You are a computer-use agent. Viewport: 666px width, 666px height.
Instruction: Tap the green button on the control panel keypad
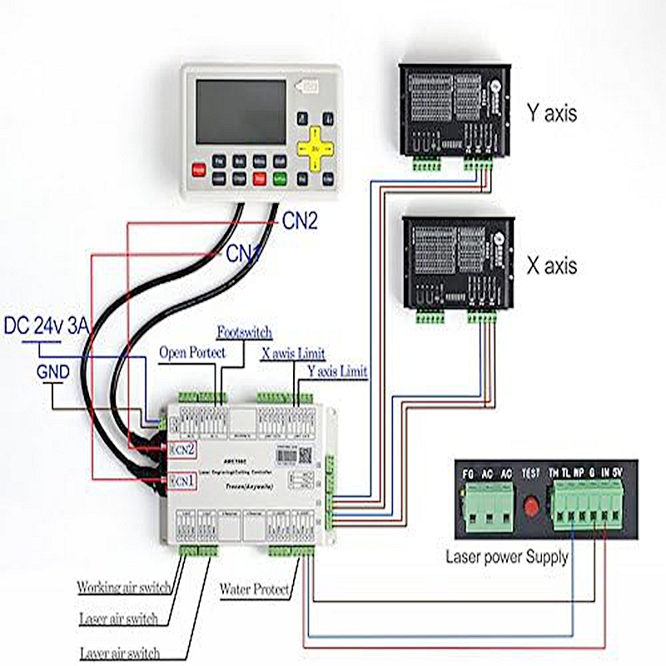[x=280, y=177]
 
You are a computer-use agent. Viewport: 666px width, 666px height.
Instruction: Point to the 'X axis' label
[x=551, y=266]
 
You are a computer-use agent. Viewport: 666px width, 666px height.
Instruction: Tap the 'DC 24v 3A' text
[x=47, y=326]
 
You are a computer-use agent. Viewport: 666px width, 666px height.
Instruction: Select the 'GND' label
[x=52, y=371]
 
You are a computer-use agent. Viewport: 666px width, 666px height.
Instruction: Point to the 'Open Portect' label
[x=192, y=352]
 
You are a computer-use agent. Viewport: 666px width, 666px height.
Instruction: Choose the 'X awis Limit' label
[x=293, y=353]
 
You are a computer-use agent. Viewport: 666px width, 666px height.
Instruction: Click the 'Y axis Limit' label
[x=337, y=370]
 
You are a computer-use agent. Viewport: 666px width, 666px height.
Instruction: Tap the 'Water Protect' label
[x=255, y=590]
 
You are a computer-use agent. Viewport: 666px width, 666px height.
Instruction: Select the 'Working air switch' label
[x=124, y=587]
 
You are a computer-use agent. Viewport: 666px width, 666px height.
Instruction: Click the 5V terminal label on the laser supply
[x=616, y=474]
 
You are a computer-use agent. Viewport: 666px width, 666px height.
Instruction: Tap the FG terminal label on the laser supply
[x=469, y=474]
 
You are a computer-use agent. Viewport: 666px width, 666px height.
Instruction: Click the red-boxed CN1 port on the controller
[x=181, y=481]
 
